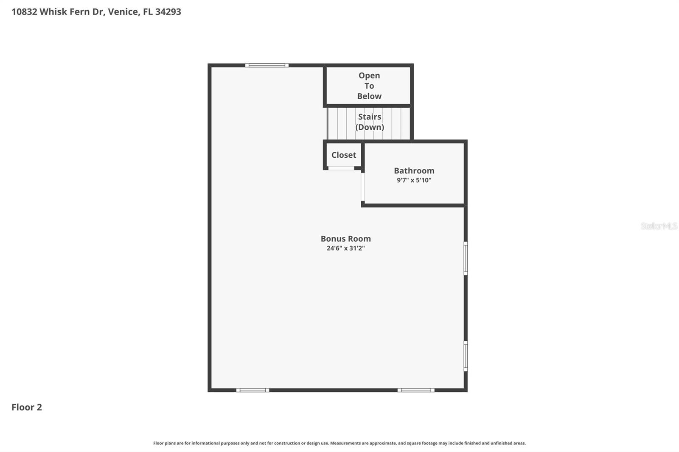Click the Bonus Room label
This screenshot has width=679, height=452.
tap(345, 239)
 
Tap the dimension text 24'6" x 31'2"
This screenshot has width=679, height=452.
tap(345, 248)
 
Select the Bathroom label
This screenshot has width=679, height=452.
tap(414, 170)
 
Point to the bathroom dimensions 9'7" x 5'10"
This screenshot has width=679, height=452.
tap(414, 180)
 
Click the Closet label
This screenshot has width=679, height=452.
tap(344, 155)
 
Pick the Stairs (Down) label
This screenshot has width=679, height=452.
tap(370, 122)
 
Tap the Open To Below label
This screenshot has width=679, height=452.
tap(369, 86)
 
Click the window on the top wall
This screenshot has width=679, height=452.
tap(267, 65)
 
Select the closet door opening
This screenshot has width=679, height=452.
tap(341, 168)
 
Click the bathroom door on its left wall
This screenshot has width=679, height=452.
tap(362, 187)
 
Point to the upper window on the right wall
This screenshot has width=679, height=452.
tap(466, 258)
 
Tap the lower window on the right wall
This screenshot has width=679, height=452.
tap(466, 356)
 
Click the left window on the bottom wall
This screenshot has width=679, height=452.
tap(253, 390)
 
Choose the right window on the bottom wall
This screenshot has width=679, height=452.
tap(416, 390)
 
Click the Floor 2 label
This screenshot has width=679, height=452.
tap(27, 407)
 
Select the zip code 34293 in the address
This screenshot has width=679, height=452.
tap(168, 11)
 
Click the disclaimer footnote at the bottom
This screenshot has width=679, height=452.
tap(339, 443)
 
